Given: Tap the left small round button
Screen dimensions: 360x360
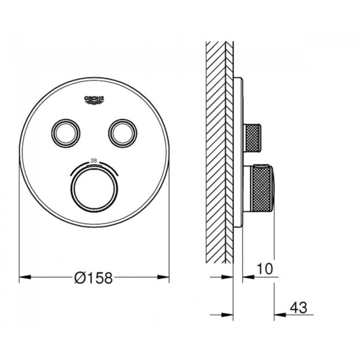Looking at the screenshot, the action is click(66, 133).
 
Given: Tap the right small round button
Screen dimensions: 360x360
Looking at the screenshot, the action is click(123, 133).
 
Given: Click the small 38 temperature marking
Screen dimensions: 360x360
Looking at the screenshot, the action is click(94, 161).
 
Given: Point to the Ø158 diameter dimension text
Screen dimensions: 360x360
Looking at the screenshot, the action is click(94, 278).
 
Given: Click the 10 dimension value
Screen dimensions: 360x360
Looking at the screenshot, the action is click(265, 269).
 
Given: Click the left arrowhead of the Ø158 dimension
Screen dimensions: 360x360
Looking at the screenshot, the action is click(25, 277).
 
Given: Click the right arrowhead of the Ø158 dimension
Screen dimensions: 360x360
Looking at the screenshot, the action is click(163, 277).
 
